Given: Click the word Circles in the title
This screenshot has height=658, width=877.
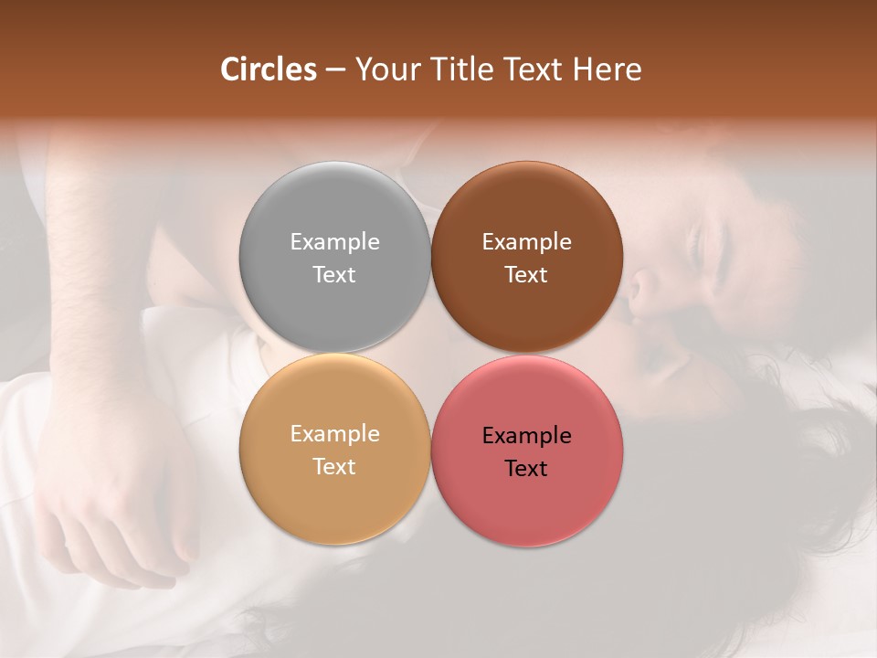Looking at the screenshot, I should pos(268,69).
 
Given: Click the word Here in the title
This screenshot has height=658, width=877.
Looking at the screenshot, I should pos(608,69).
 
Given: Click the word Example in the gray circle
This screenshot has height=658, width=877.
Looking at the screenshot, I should pos(334,242).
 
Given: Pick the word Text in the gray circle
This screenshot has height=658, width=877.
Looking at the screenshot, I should pos(334,274).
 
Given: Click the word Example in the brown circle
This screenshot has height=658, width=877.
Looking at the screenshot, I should pos(526,242).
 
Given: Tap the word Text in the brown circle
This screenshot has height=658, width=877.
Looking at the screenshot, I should pos(526,274).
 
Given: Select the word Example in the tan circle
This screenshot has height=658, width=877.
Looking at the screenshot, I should pos(334,434).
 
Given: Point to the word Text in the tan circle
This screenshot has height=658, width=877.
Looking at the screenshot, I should pos(334,466).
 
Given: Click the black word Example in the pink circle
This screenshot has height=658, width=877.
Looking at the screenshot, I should pos(526,436).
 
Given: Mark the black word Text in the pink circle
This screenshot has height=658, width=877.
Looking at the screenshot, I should pos(526,468).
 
